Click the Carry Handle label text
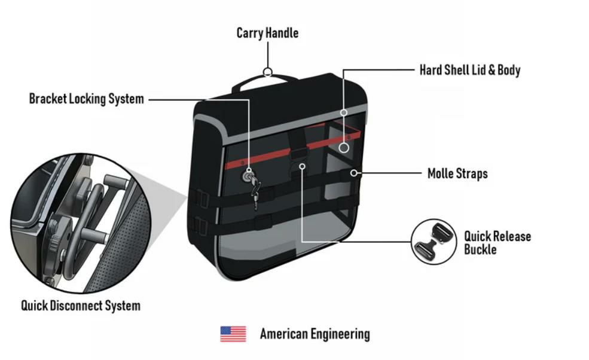[267, 32]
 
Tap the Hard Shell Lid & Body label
[469, 70]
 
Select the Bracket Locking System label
[86, 99]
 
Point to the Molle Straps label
[457, 174]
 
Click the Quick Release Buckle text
[498, 242]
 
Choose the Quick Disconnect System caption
[81, 306]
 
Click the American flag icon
[233, 334]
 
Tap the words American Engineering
[315, 334]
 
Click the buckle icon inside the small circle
[433, 241]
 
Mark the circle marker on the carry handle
[268, 73]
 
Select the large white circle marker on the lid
[344, 147]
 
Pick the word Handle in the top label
[282, 32]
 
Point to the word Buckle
[480, 249]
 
